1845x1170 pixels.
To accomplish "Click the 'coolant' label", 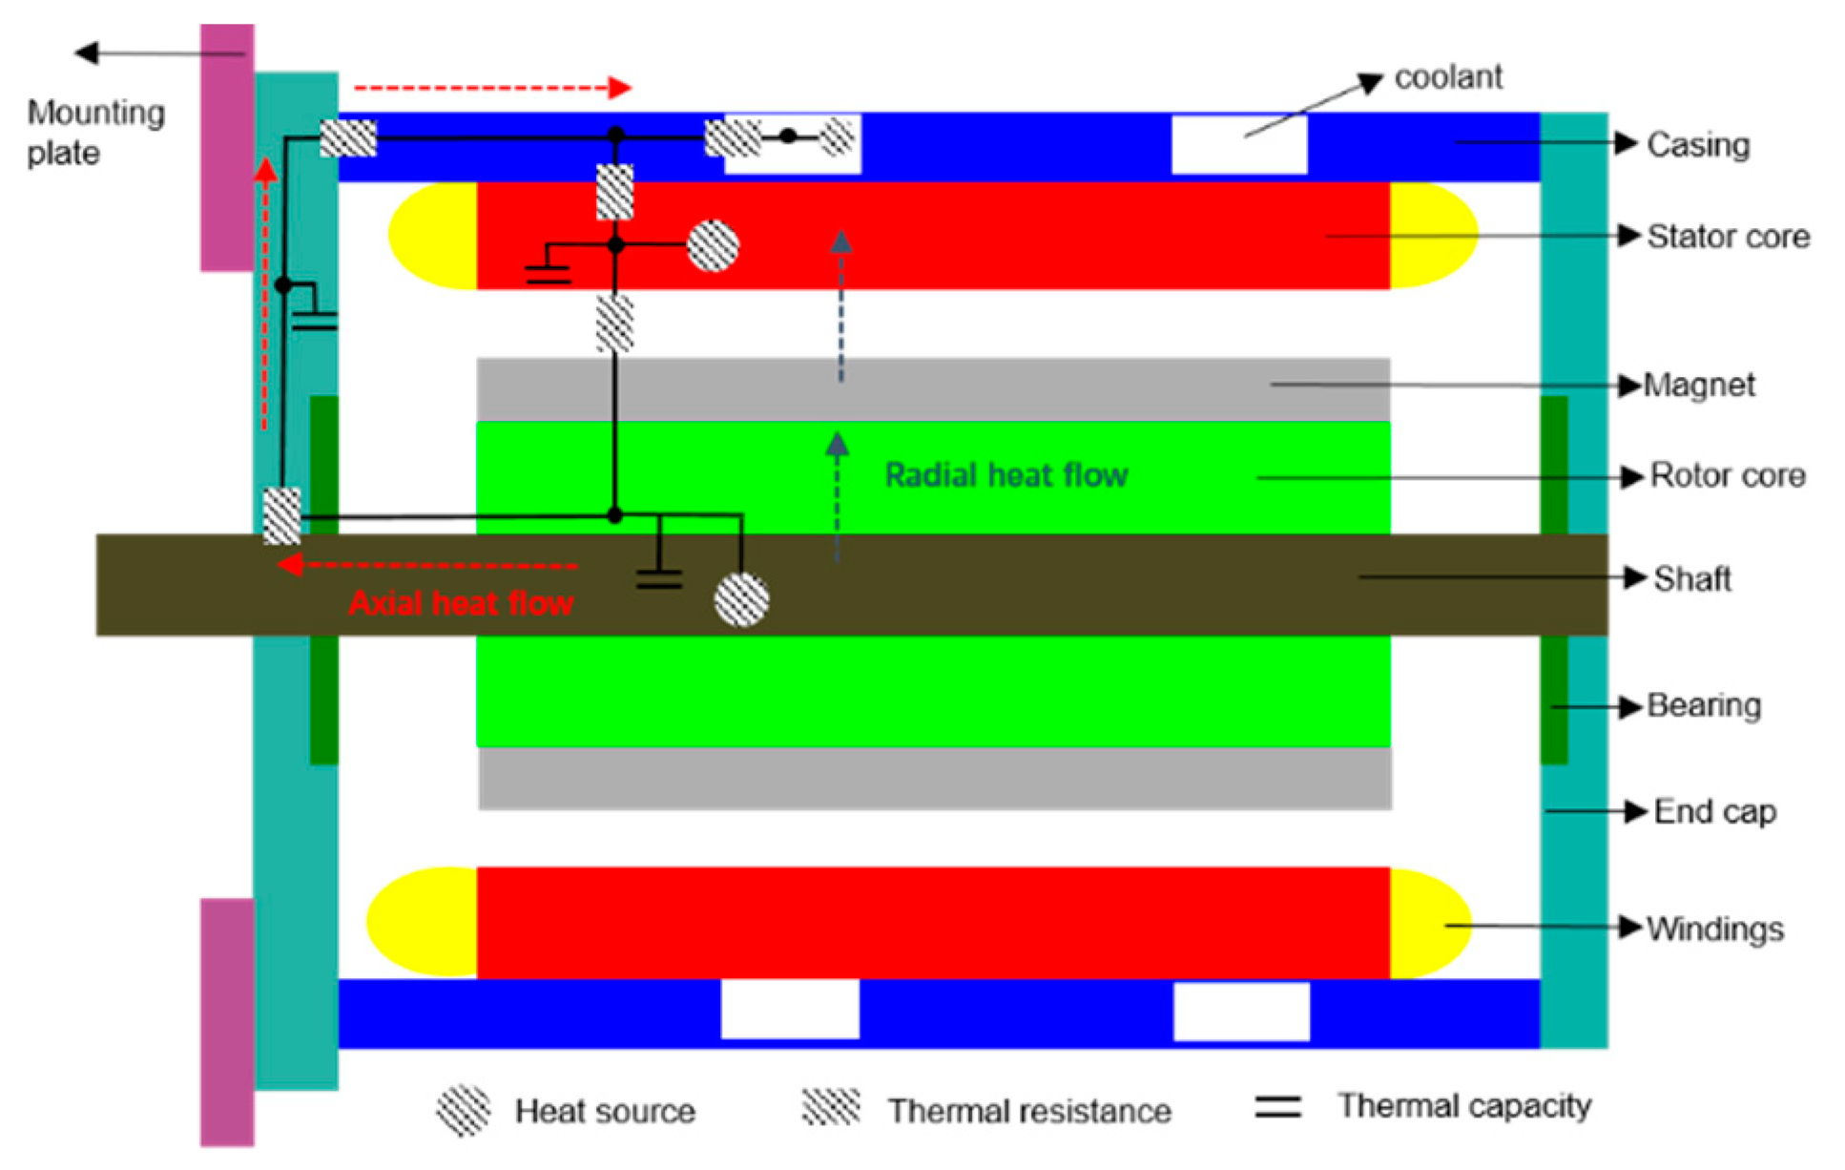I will [1447, 77].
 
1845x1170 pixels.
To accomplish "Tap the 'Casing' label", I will [1698, 145].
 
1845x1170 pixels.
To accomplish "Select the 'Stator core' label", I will [1728, 237].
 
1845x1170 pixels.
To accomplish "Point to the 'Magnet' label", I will [1699, 385].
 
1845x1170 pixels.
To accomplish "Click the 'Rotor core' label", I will [1728, 475].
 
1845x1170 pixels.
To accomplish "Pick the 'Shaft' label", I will [1692, 578].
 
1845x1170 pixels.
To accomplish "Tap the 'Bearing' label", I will [1704, 705].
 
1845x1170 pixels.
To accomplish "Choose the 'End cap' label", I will [1714, 811].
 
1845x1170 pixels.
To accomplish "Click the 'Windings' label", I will [1715, 929].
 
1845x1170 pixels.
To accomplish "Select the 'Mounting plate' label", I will [95, 133].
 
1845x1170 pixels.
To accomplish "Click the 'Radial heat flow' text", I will [1006, 475].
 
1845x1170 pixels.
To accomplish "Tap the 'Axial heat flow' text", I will [461, 603].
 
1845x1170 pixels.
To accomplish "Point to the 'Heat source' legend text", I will [605, 1111].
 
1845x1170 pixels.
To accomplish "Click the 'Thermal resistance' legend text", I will [1029, 1111].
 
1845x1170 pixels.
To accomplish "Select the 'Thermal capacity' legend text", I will [1464, 1106].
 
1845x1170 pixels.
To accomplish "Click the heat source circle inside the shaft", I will [741, 600].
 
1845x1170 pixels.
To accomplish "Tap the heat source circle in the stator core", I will [713, 246].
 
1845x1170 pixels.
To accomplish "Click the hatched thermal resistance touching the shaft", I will [281, 516].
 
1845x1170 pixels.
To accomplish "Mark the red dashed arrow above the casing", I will [491, 88].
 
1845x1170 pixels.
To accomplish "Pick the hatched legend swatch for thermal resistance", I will [831, 1107].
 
